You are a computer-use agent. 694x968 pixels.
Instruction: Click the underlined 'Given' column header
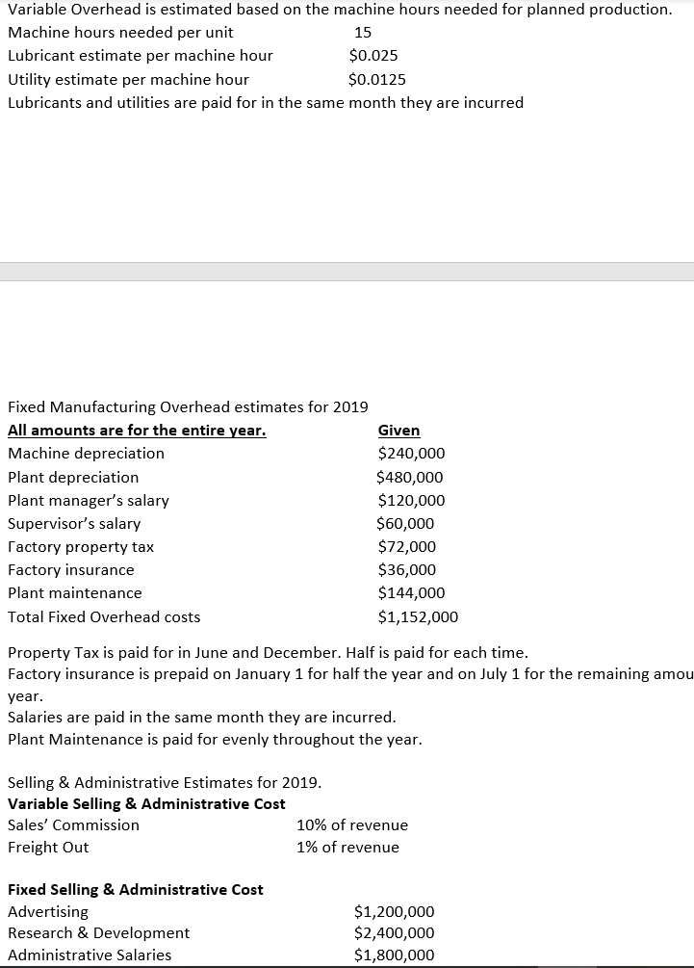pos(398,430)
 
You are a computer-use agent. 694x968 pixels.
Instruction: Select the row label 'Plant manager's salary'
pos(89,500)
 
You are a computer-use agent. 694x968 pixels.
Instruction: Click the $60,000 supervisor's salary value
pos(405,523)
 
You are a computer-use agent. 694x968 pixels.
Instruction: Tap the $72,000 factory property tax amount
pos(406,546)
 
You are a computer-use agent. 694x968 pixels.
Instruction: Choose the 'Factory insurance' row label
pos(71,569)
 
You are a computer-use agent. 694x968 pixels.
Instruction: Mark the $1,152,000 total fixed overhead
pos(418,616)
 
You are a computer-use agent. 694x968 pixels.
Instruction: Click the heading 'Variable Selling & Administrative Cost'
pos(146,803)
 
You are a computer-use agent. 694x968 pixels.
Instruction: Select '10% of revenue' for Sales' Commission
pos(352,824)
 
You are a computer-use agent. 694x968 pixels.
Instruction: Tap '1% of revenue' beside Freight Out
pos(347,847)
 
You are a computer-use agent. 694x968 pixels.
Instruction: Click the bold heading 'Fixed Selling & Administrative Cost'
pos(136,889)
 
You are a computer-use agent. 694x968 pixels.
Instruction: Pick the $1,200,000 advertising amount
pos(395,911)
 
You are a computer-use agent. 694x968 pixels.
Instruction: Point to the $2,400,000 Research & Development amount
pos(395,932)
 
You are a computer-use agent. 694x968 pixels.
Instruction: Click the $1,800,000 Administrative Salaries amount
pos(395,955)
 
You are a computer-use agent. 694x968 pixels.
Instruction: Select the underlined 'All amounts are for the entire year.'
pos(137,430)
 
